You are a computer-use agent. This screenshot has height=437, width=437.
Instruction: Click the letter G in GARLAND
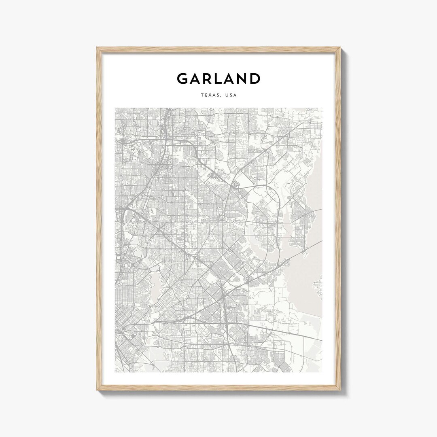coord(183,78)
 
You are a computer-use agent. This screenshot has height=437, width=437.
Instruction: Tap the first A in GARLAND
coord(195,78)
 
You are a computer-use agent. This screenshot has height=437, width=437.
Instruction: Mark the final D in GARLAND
coord(255,78)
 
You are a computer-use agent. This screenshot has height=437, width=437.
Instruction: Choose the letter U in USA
coord(227,95)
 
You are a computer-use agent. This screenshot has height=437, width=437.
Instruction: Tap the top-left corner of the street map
coord(115,108)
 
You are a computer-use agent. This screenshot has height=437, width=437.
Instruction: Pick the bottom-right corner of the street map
coord(322,372)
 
